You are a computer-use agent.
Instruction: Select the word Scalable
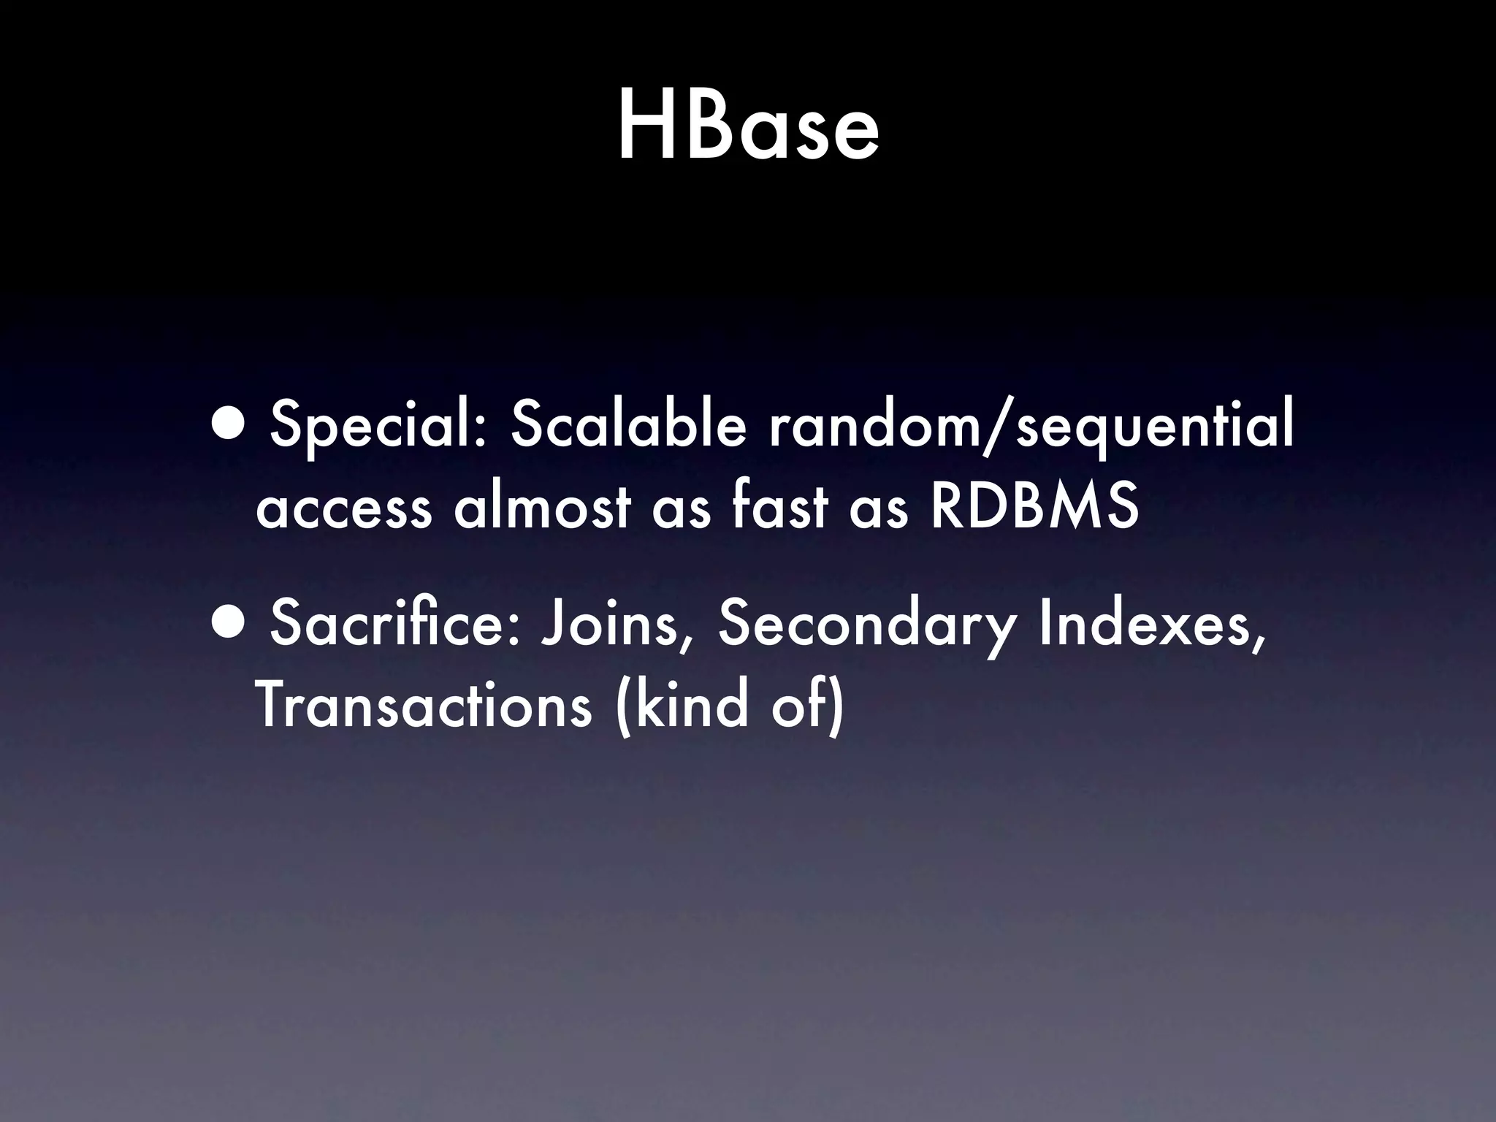click(628, 427)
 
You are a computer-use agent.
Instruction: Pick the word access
click(343, 508)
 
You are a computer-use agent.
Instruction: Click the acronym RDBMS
click(1034, 507)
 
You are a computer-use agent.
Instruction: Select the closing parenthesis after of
click(836, 707)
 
